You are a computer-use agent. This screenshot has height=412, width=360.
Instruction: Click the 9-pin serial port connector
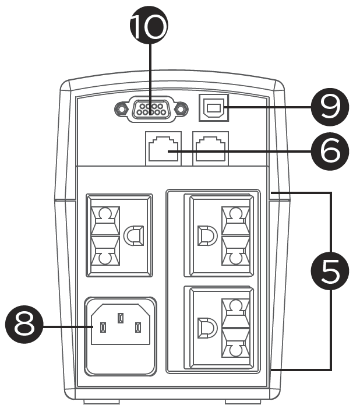click(x=151, y=109)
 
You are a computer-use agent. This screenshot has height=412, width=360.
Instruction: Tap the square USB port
click(x=214, y=107)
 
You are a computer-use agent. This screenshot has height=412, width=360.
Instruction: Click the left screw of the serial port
click(x=121, y=109)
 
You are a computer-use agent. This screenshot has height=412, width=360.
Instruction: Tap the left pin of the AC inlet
click(x=103, y=329)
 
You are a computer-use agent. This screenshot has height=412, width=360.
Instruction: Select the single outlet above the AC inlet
click(x=119, y=235)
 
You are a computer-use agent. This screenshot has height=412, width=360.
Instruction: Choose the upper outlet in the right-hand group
click(x=218, y=235)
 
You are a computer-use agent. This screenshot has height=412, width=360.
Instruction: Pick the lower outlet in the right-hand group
click(x=218, y=327)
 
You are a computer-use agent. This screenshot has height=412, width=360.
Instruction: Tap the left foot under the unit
click(x=102, y=402)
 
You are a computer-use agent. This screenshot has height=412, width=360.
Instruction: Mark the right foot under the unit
click(x=242, y=402)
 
